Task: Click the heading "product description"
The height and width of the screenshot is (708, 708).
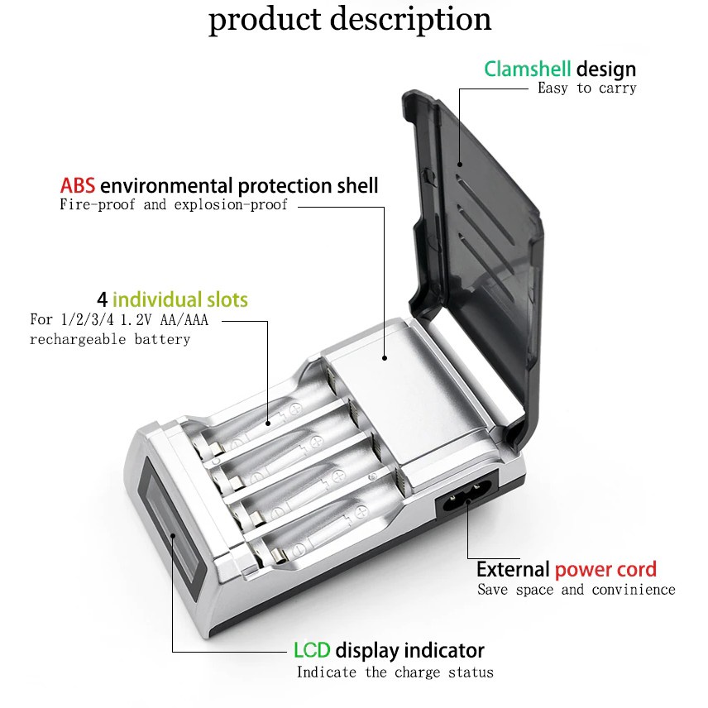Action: (350, 20)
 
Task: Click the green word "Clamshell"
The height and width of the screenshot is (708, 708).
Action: (528, 69)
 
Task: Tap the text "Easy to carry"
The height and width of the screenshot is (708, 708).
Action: (586, 88)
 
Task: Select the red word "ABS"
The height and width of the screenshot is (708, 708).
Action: (77, 185)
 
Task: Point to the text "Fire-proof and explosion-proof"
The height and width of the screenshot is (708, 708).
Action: (174, 204)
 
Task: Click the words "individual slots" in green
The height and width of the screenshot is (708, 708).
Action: (179, 299)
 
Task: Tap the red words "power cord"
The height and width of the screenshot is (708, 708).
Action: (605, 569)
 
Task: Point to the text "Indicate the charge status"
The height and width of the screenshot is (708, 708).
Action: (395, 672)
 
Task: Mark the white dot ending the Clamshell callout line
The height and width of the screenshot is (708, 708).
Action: (460, 164)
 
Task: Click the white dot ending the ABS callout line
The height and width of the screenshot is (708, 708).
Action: (385, 358)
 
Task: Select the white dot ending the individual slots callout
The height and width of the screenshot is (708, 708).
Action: (268, 423)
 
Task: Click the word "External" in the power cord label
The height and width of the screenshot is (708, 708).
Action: (513, 569)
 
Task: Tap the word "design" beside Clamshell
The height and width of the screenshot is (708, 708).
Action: (606, 69)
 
